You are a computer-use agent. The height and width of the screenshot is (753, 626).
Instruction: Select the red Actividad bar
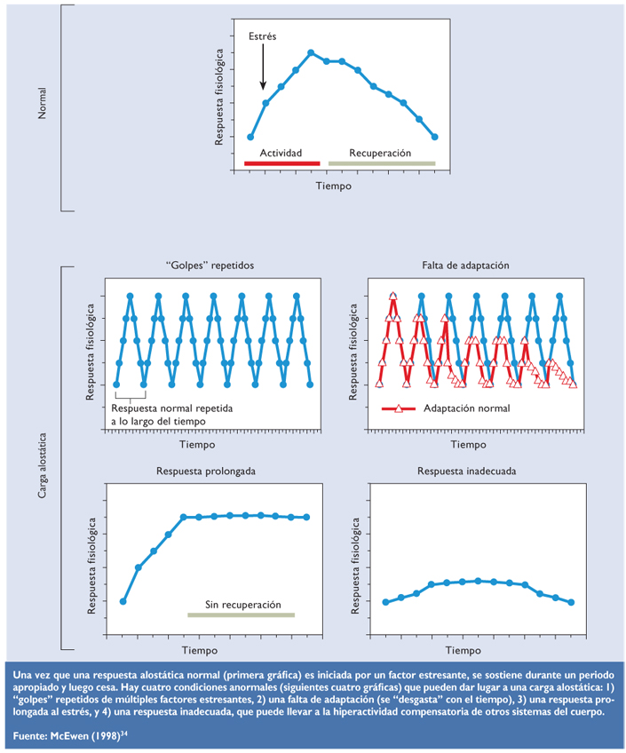click(x=281, y=164)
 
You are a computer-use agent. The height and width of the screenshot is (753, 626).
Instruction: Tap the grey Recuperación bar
click(x=382, y=164)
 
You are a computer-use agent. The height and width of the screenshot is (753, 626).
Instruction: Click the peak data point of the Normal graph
click(x=311, y=52)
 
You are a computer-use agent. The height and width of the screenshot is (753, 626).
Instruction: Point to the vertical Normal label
click(x=42, y=104)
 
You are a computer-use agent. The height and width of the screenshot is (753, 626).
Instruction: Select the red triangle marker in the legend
click(x=399, y=409)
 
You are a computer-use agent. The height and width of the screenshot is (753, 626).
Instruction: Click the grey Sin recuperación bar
click(x=241, y=614)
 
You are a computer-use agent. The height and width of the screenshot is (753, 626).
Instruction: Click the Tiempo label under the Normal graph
click(x=334, y=186)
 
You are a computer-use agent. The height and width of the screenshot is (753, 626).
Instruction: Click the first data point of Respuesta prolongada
click(x=123, y=601)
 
